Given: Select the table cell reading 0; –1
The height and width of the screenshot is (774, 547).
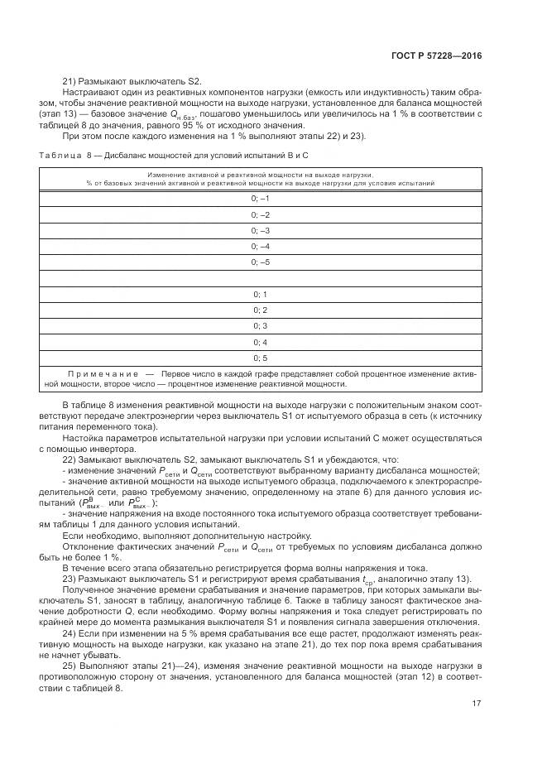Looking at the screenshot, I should pos(261,200).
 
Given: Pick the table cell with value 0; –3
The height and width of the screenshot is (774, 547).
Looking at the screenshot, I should pos(261,231).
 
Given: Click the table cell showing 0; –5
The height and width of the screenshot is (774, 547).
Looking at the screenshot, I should pos(261,262).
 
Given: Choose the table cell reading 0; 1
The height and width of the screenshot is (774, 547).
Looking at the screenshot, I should pos(261,295).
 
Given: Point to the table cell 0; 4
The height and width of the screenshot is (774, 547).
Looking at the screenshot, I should pos(261,342).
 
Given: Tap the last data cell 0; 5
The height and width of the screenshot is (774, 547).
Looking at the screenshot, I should pos(261,358).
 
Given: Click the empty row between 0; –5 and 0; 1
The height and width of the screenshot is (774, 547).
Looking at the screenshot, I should pos(261,279).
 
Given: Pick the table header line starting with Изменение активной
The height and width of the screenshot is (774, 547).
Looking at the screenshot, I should pos(260,175).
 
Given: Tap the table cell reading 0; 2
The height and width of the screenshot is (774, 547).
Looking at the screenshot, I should pos(261,310).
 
